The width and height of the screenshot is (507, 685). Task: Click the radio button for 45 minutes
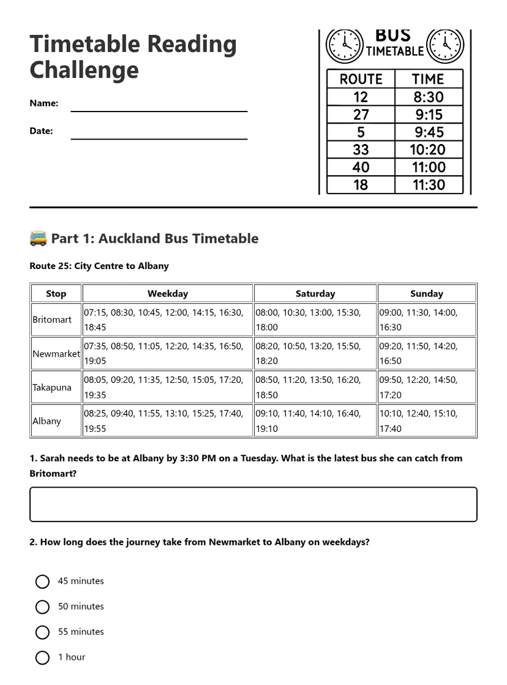[42, 581]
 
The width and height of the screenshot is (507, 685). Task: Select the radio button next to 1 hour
[42, 657]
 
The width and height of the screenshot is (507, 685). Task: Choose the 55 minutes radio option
[42, 632]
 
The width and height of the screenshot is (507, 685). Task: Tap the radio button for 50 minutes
[42, 607]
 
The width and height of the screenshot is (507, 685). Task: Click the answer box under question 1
[253, 504]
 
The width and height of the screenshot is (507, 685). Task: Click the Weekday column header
[168, 293]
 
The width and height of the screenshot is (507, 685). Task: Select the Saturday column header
[315, 293]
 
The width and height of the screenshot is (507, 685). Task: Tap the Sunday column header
[427, 293]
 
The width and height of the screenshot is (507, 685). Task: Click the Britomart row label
[52, 320]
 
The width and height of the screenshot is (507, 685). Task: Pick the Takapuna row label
[52, 387]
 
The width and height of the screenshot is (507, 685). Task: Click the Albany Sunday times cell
[427, 421]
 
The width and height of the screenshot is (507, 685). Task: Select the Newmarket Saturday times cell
[315, 354]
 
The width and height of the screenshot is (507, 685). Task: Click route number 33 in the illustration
[361, 149]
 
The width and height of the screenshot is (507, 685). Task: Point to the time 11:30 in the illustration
[429, 185]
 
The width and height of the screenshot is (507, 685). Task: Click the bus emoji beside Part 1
[38, 238]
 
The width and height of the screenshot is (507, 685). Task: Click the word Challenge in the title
[84, 70]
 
